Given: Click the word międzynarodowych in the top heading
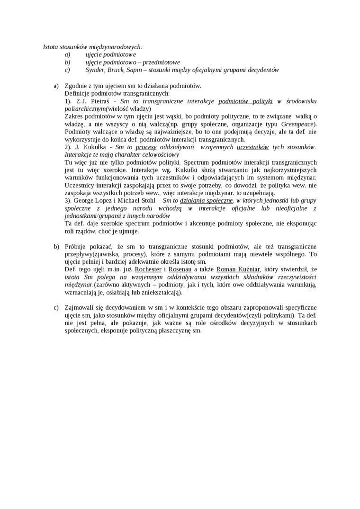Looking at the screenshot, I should coord(117,47).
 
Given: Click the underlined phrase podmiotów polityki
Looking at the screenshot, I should coord(246,101).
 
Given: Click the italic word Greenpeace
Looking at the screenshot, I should coord(297,124).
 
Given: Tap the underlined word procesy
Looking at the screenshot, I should coord(146,147).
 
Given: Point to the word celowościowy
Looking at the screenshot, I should coord(155,154).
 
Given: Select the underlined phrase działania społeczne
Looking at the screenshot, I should coord(207,200).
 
